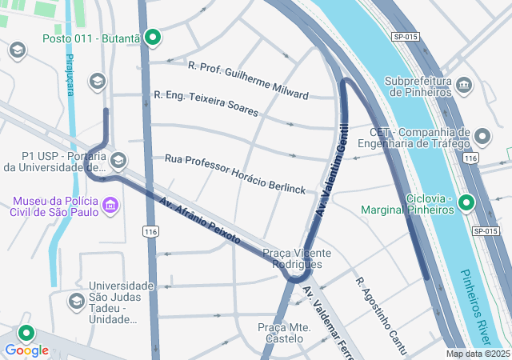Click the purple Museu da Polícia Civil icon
coord(110,207)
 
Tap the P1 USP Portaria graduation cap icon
coord(118,161)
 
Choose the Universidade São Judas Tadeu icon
coord(77,302)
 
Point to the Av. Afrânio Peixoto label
coord(198,220)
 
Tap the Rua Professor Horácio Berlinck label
coord(235,174)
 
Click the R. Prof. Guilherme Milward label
coord(248,80)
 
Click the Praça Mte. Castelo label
coord(284,334)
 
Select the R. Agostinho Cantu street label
coord(382,317)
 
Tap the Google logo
coord(26,350)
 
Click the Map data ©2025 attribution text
coord(477,354)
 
